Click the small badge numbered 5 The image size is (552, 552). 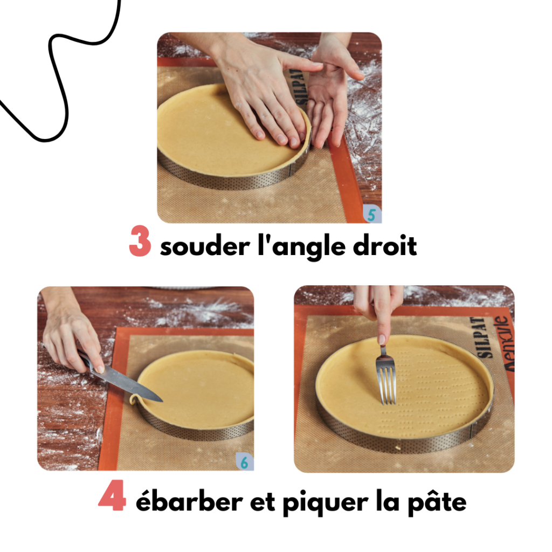pos(371,215)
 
